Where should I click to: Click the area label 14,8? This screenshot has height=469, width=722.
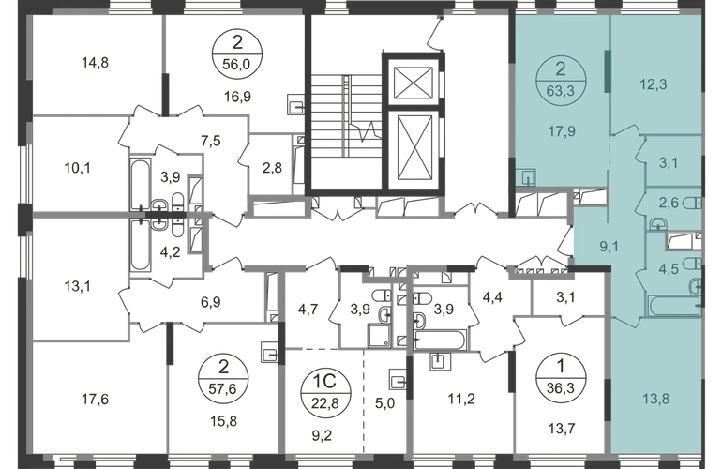(95, 62)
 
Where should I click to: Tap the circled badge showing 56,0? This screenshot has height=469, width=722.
(236, 53)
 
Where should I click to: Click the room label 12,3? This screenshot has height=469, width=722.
(654, 84)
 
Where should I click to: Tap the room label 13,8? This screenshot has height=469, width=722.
(655, 399)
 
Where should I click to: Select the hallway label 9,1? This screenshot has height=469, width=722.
(609, 247)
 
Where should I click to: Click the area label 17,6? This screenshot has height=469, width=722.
(95, 399)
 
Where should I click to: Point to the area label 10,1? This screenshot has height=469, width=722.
(77, 168)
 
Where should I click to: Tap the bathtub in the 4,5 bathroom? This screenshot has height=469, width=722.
(673, 308)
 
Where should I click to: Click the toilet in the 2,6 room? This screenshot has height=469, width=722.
(693, 203)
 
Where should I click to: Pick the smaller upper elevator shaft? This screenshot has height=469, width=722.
(414, 83)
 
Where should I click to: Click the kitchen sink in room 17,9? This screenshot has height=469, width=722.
(525, 177)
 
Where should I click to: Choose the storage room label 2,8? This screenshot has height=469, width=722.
(272, 168)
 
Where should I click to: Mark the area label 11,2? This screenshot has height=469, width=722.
(461, 399)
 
